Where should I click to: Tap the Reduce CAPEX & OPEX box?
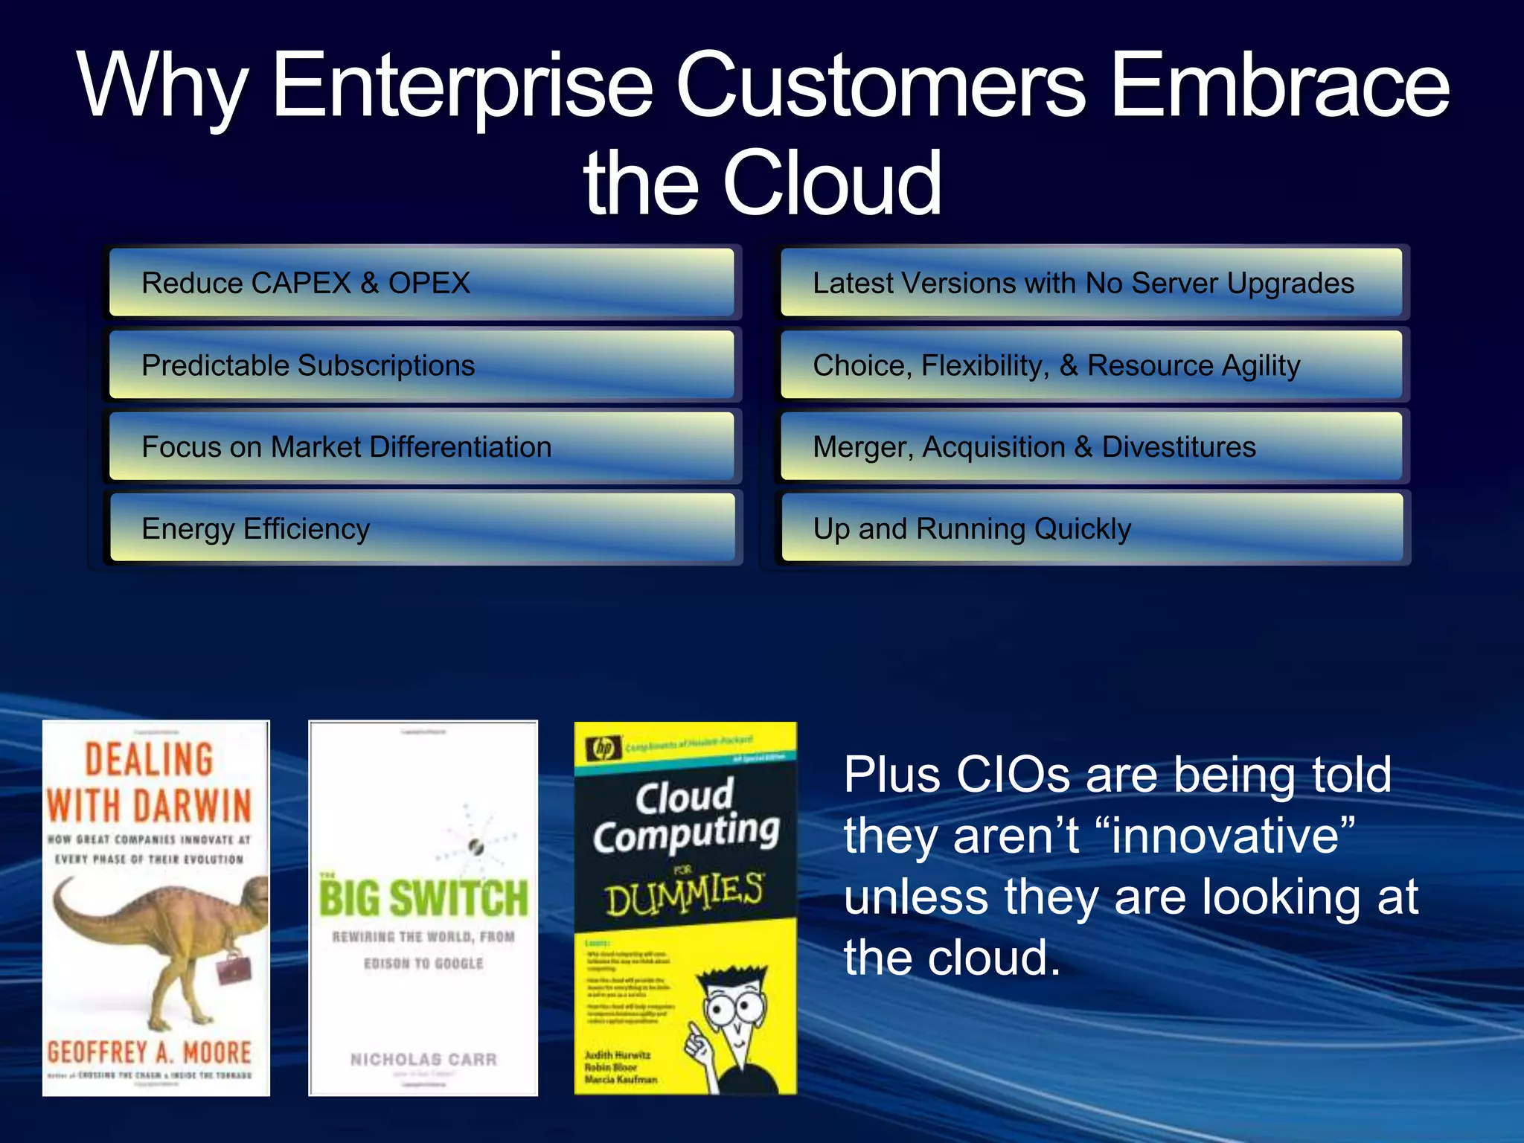click(x=421, y=283)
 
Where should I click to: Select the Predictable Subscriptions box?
click(x=421, y=365)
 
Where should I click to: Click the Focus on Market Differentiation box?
click(x=421, y=447)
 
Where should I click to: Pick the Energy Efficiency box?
click(x=421, y=529)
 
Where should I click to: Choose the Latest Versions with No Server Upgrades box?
click(x=1091, y=283)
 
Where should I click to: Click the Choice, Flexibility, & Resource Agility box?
click(x=1091, y=365)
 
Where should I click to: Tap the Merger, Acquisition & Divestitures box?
click(x=1091, y=447)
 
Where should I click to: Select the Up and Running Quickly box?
click(x=1091, y=529)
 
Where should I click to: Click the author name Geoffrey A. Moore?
click(x=150, y=1052)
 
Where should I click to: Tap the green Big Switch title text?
click(x=423, y=898)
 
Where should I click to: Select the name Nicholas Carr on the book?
click(x=423, y=1059)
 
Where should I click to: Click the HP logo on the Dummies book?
click(x=603, y=748)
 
